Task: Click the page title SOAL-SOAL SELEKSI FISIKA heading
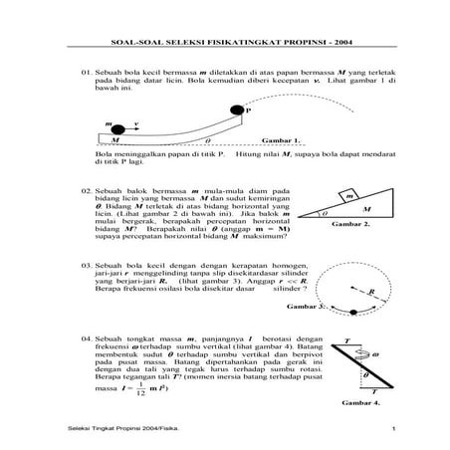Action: point(224,42)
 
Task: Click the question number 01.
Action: point(88,73)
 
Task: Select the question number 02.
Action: point(88,187)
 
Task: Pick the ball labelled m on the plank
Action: point(117,129)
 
